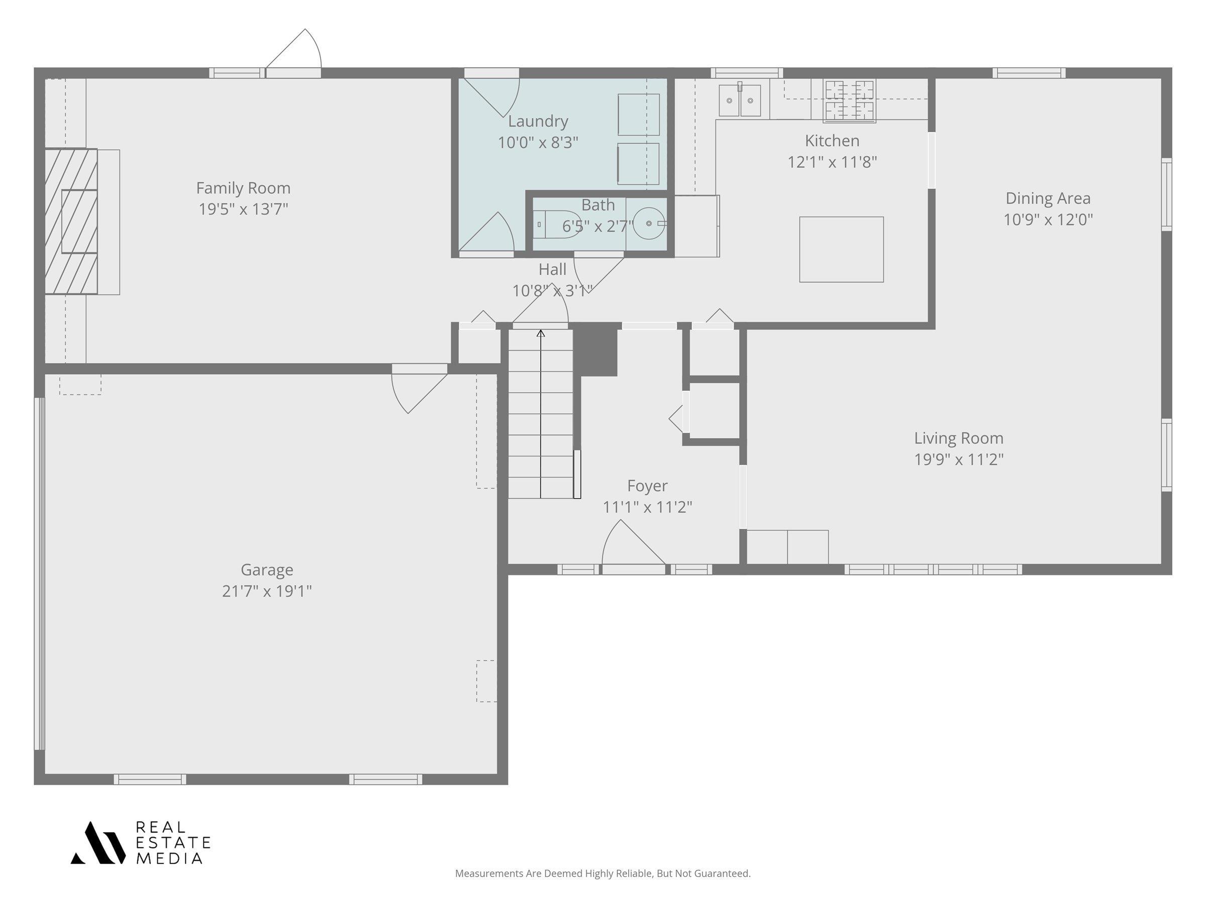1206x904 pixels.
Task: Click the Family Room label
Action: coord(243,188)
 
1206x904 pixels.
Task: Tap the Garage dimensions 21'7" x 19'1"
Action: coord(267,591)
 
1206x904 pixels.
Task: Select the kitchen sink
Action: coord(740,100)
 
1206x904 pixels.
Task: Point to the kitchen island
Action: coord(841,250)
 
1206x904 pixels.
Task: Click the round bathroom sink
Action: coord(649,223)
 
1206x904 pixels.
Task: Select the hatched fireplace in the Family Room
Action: coord(71,221)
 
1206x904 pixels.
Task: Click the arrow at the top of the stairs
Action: coord(540,333)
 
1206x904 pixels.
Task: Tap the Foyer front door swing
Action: coord(633,543)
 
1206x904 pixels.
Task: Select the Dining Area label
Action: coord(1048,198)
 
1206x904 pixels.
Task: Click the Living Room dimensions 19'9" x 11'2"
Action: coord(958,460)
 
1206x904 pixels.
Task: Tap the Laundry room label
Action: coord(538,121)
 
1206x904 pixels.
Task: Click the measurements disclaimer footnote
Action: coord(602,873)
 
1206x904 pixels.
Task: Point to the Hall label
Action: coord(552,269)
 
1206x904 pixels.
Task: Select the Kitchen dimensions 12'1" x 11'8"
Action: coord(832,162)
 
